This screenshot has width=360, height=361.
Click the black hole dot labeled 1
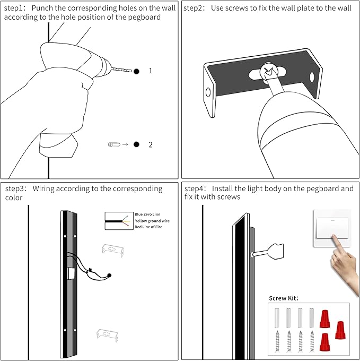[136, 71]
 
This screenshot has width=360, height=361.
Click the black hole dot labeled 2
[136, 144]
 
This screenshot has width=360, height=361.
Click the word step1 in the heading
[15, 8]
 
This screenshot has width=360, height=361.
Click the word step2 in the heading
[195, 8]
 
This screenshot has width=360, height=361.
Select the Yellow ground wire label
[152, 220]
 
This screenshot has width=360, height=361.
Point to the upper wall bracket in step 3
[112, 250]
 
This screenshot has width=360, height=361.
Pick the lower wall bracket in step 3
[108, 334]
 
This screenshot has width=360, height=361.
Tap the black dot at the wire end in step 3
[109, 275]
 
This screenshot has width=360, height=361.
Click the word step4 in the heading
[196, 188]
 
